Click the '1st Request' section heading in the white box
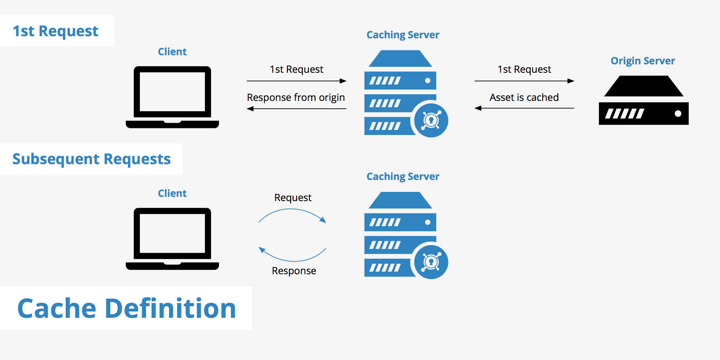coord(56,31)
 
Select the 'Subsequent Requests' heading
coord(91,159)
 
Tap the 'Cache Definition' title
coord(127,308)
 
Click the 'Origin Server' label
coord(643,61)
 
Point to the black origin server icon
coord(643,102)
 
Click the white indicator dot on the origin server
coord(678,114)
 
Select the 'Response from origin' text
coord(296,97)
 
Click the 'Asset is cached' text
coord(524,97)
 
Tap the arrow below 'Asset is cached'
coord(524,108)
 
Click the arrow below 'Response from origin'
coord(296,109)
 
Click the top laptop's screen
coord(172,92)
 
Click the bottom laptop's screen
coord(172,233)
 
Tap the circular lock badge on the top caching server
coord(431,120)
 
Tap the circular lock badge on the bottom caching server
coord(431,262)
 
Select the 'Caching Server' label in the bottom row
coord(403,176)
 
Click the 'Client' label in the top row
coord(172,52)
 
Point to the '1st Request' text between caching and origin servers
coord(524,69)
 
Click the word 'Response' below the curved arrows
coord(294,271)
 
